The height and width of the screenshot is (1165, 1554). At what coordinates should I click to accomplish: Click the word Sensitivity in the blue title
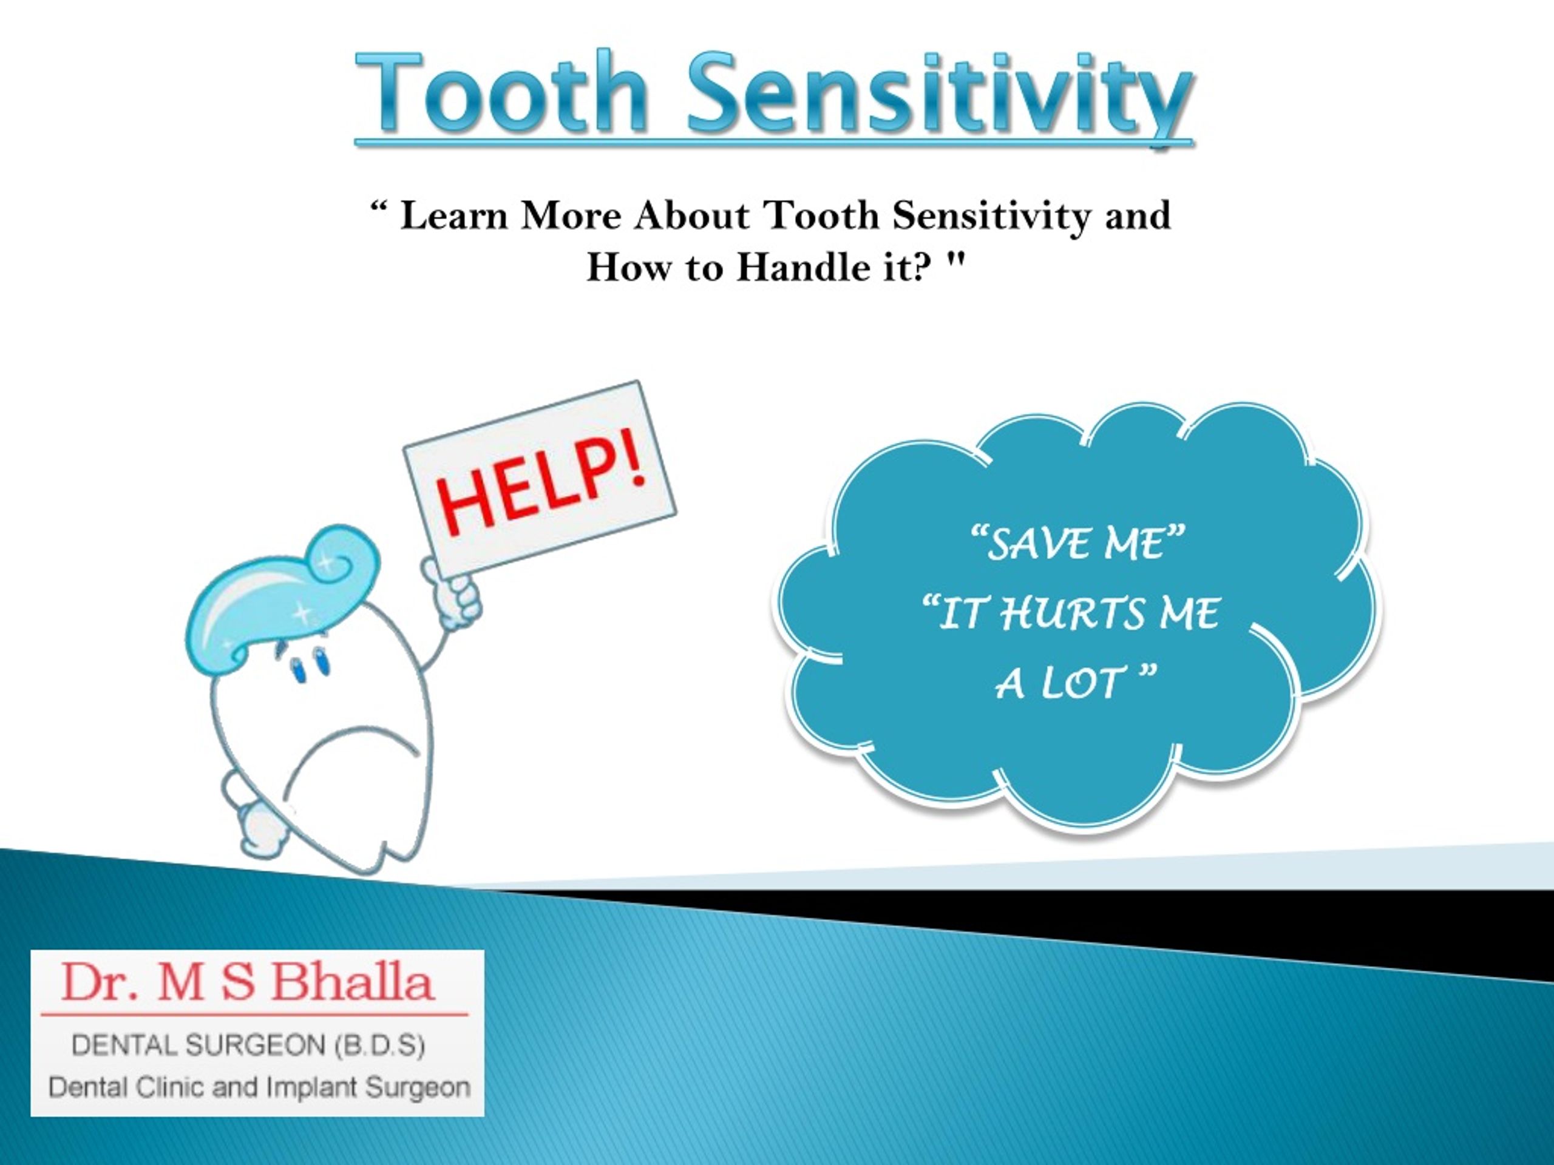coord(938,98)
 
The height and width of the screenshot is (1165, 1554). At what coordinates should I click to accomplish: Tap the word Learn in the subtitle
coord(453,215)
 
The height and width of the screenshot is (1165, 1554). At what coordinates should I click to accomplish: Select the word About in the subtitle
coord(692,215)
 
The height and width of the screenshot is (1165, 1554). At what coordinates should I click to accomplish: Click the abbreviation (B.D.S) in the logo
coord(379,1046)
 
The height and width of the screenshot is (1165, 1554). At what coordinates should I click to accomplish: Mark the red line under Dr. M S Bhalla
coord(254,1015)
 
